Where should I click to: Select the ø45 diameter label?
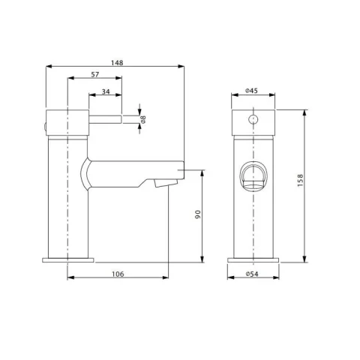[253, 91]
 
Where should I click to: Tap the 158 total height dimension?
[301, 184]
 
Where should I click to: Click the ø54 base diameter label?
[253, 274]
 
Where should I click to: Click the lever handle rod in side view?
[101, 118]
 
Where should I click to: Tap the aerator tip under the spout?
[159, 184]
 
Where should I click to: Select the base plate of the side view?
[69, 259]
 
